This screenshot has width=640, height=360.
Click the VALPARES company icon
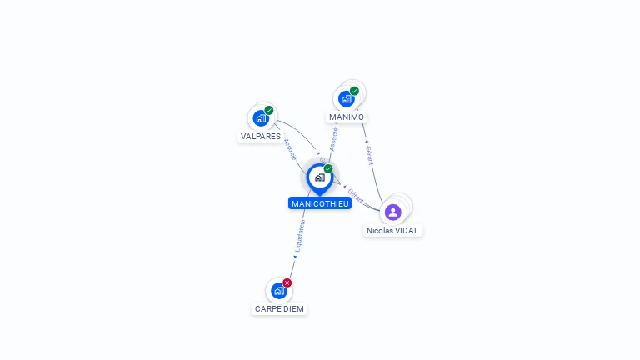click(x=261, y=118)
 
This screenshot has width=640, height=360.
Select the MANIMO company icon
click(x=347, y=99)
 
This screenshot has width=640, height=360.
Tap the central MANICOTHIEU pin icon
click(x=319, y=177)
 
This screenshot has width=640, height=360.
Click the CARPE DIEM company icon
click(x=279, y=291)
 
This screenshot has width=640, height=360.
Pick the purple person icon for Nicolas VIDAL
click(x=393, y=212)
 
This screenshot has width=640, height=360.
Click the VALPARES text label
click(x=261, y=136)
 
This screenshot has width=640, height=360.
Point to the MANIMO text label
click(x=347, y=117)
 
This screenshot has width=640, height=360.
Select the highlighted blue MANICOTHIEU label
click(x=320, y=203)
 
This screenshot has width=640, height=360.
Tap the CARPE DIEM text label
click(x=279, y=309)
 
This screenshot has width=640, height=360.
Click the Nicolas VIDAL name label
click(x=393, y=231)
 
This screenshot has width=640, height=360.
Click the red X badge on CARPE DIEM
click(x=287, y=282)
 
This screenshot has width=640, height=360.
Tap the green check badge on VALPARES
click(x=269, y=110)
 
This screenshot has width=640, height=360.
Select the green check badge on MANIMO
click(x=355, y=91)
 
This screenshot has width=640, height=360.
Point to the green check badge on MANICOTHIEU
click(x=328, y=168)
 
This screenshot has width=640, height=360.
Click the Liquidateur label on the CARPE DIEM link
click(x=301, y=236)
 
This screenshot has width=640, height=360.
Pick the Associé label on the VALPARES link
click(x=289, y=150)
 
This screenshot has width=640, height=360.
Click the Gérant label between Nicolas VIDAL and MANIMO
click(x=370, y=155)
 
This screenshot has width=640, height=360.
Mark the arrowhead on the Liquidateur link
click(x=295, y=257)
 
